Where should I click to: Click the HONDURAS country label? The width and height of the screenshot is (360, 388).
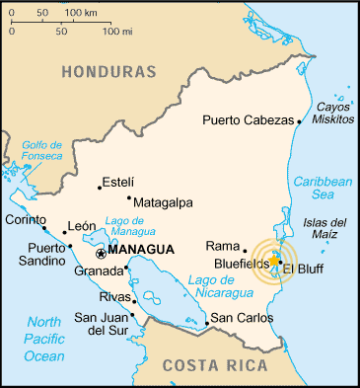[x=108, y=72]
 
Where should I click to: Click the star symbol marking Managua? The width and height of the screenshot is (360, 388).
[x=100, y=254]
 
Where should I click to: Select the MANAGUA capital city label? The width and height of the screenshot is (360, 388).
[x=142, y=250]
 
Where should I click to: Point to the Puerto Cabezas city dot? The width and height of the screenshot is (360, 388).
[x=300, y=121]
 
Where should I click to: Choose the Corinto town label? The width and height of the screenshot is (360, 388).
[x=26, y=219]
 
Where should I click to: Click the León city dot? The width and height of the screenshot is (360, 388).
[x=65, y=233]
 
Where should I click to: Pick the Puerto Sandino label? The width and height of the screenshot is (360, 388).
[x=36, y=254]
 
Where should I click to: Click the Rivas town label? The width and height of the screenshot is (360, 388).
[x=115, y=296]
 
